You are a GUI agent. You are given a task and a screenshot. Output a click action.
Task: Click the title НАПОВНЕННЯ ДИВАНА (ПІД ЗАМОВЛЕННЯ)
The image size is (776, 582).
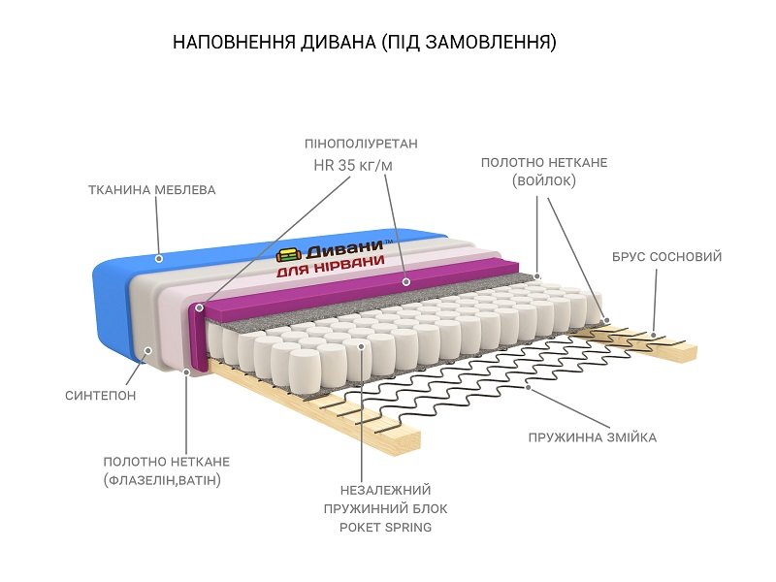coord(365,43)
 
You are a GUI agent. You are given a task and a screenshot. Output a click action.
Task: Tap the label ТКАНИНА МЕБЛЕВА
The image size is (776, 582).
coord(151,190)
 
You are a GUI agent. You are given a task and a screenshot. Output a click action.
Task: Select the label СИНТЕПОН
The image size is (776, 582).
coord(101,396)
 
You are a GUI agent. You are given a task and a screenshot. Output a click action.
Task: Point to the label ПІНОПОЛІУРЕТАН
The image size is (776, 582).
coord(361,144)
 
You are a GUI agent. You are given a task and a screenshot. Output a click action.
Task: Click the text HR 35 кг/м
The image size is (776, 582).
coord(353,166)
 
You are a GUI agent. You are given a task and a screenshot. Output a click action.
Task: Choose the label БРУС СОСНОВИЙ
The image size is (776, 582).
coord(667,257)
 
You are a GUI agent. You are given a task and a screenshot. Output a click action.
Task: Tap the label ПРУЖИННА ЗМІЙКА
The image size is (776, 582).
coord(593,437)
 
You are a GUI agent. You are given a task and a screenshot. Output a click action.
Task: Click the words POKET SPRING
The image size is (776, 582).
coord(385,528)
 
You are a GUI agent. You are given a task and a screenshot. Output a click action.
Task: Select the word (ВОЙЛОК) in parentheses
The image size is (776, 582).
coord(544,180)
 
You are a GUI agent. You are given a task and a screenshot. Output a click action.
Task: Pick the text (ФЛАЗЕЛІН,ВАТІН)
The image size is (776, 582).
coord(162,480)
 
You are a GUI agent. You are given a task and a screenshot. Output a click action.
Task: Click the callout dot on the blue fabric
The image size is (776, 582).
coord(159,258)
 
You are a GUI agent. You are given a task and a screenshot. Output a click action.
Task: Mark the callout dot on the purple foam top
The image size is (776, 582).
coord(406,282)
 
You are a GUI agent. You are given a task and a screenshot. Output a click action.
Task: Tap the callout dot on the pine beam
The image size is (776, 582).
coord(653,335)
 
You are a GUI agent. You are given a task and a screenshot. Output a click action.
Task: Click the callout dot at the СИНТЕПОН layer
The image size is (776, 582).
coord(148,350)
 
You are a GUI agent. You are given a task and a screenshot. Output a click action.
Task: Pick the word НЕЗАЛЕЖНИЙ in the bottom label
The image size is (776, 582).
coord(385,490)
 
